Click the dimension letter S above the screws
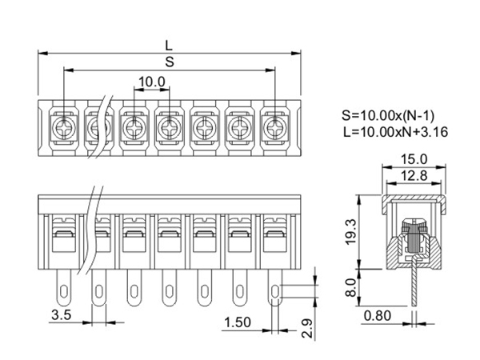tap(169, 62)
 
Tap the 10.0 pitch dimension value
tap(151, 82)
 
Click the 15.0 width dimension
tap(414, 159)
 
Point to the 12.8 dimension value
tap(414, 175)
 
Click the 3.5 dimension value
tap(62, 315)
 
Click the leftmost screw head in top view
tap(62, 126)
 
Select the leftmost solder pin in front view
tap(62, 283)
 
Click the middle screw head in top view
tap(169, 126)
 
